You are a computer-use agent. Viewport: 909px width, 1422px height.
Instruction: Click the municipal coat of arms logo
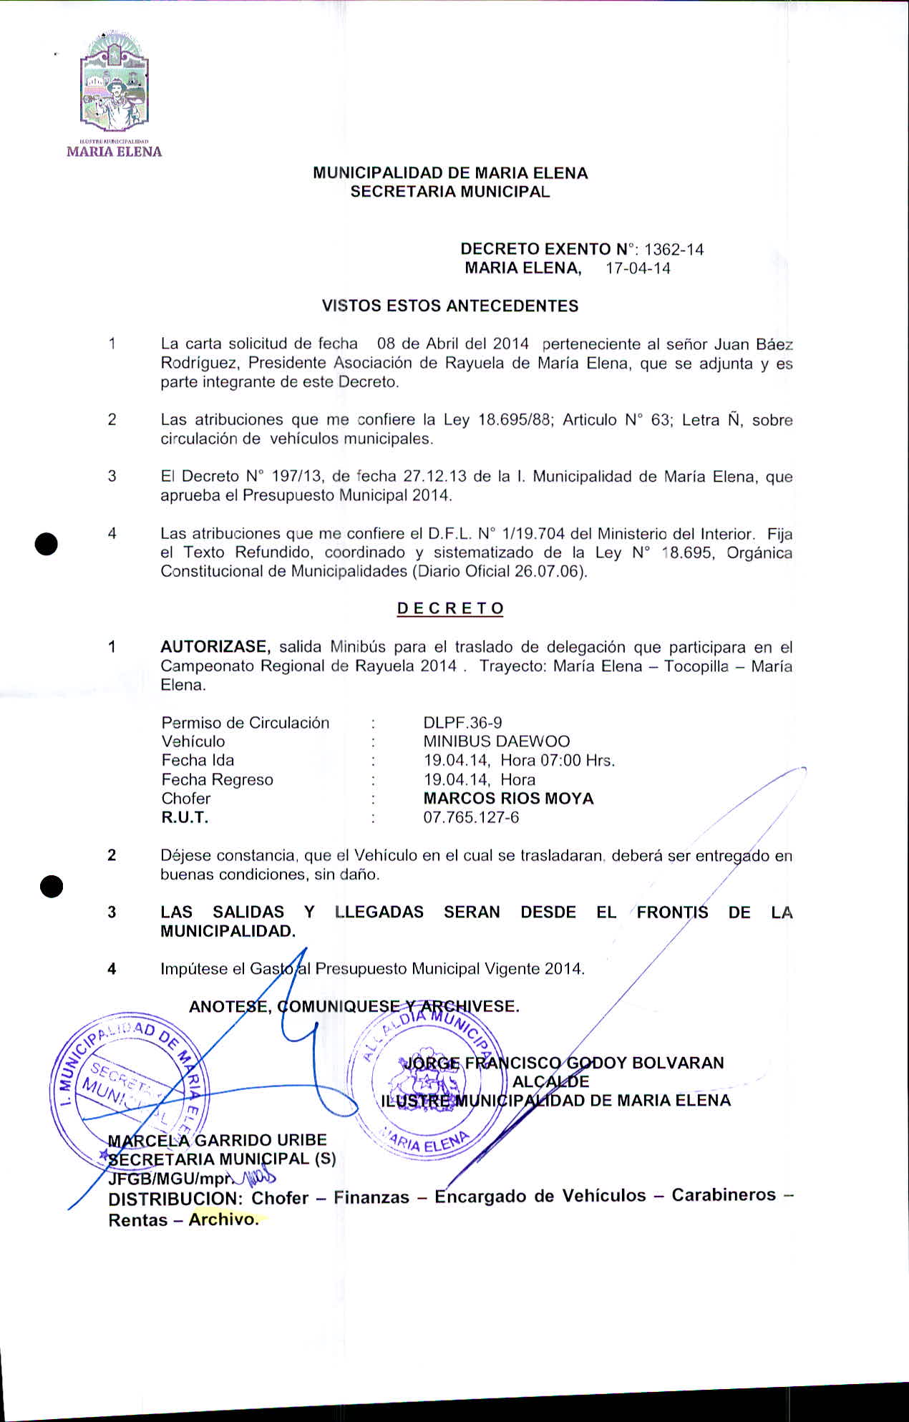coord(115,82)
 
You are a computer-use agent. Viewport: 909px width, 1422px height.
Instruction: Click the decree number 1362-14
coord(674,250)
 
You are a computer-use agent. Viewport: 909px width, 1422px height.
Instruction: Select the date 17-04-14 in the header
coord(638,268)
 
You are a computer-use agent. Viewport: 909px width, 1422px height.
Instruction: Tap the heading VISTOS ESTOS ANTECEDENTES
coord(450,306)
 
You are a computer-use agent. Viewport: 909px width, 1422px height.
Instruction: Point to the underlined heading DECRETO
coord(450,609)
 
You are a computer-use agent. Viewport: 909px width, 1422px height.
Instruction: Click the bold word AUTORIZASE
coord(215,647)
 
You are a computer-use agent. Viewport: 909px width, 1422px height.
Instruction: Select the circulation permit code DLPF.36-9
coord(462,723)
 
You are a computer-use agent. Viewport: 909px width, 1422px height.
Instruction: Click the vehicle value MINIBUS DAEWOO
coord(497,741)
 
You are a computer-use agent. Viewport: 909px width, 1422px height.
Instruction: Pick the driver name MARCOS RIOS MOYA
coord(508,799)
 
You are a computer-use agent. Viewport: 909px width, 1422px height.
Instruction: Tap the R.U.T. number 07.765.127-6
coord(471,817)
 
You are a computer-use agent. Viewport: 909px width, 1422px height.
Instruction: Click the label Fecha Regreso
coord(217,780)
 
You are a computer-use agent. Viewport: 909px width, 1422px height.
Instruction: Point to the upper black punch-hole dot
coord(46,544)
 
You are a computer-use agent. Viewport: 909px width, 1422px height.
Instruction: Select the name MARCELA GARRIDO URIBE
coord(217,1140)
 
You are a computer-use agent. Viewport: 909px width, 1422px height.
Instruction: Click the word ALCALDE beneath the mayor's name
coord(550,1081)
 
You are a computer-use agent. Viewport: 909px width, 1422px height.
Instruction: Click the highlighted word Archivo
coord(223,1219)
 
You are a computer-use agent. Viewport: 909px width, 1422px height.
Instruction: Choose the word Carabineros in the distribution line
coord(723,1195)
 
